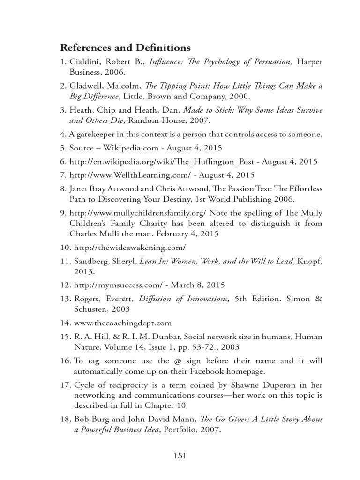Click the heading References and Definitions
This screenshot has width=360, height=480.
point(125,48)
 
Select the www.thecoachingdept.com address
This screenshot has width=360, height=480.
point(123,323)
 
